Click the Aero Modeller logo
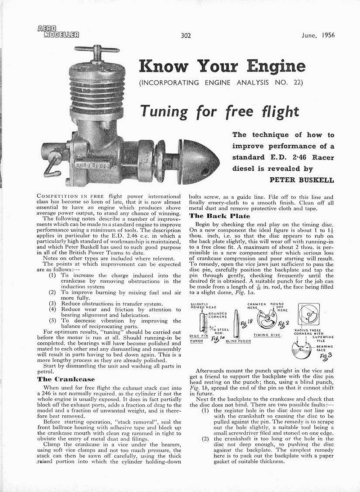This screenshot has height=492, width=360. click(58, 32)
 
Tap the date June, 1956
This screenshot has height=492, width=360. click(317, 35)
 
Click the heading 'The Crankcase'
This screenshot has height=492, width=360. click(66, 379)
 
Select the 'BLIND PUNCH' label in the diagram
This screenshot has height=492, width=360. click(238, 341)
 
